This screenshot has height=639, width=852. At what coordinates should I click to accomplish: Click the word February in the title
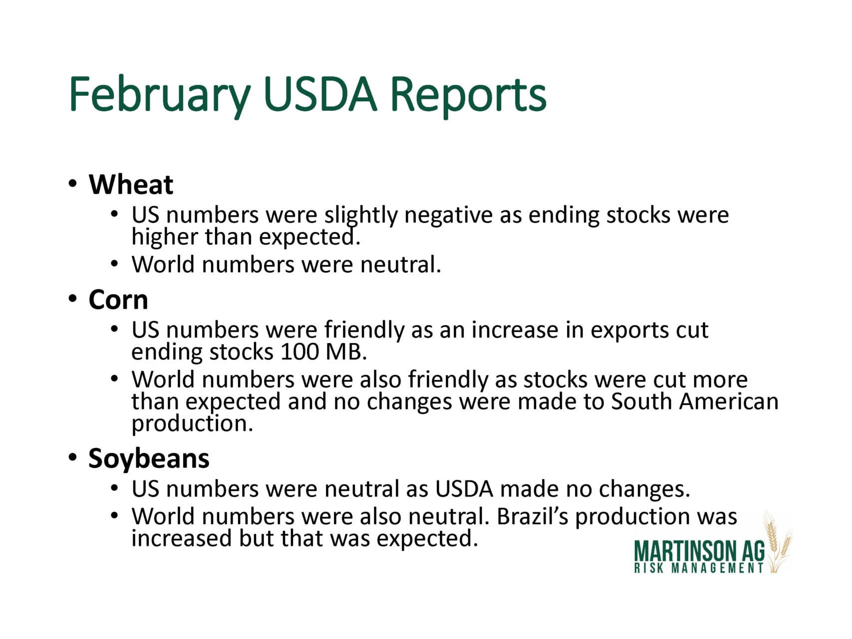159,94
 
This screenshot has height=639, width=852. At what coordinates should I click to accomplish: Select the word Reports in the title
468,95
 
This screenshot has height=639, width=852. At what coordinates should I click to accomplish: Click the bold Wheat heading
131,185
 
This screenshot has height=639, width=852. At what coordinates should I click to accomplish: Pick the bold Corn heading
118,300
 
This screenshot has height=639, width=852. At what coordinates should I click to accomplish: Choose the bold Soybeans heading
149,458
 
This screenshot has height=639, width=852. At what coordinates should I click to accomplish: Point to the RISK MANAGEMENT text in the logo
699,568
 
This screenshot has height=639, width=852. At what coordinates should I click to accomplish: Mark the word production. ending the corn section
192,424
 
